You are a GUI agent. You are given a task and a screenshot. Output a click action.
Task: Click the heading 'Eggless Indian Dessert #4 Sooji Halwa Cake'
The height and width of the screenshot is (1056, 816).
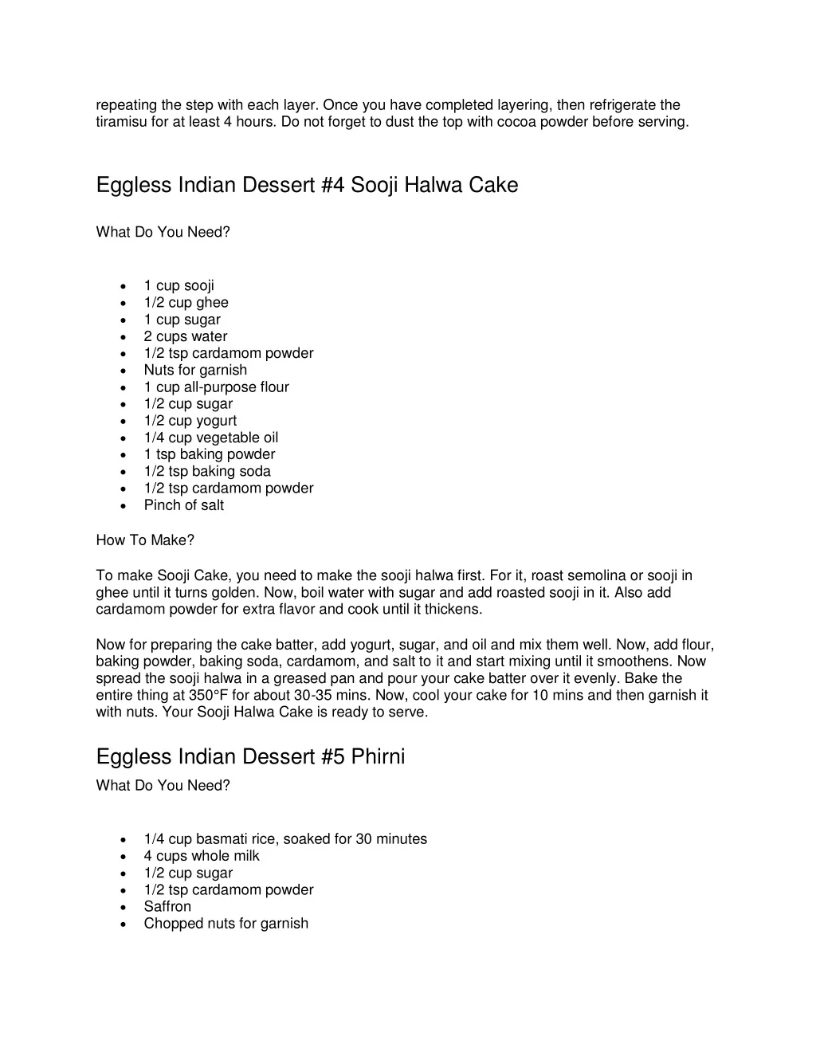[x=307, y=186]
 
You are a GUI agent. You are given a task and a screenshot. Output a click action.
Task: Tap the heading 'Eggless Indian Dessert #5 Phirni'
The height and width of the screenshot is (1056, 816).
[x=250, y=756]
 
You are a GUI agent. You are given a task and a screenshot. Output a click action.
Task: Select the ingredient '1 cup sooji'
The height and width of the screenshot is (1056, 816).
[x=178, y=285]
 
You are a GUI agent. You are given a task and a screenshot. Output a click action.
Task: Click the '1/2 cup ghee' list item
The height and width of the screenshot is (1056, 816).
[x=186, y=302]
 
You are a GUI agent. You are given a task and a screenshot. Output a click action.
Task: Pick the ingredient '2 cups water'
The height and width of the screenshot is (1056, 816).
[x=185, y=336]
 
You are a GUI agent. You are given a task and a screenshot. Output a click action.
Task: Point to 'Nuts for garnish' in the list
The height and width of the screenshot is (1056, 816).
[x=195, y=370]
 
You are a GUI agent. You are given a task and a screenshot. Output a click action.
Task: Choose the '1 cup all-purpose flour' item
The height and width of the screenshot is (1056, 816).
[x=216, y=387]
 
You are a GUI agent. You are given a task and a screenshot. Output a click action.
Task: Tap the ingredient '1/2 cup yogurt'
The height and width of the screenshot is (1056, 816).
[x=190, y=421]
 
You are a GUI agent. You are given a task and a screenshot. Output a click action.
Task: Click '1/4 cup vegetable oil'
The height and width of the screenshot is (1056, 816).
[x=210, y=438]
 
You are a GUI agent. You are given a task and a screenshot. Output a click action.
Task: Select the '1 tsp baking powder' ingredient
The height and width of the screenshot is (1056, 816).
[x=209, y=454]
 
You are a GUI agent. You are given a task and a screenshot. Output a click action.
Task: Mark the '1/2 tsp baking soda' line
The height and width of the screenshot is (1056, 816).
[x=207, y=471]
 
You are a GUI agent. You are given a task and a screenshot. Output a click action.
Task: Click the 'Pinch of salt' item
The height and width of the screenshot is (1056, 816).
[x=183, y=505]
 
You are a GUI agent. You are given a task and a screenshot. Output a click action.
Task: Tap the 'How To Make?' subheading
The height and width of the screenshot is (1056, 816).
[x=145, y=540]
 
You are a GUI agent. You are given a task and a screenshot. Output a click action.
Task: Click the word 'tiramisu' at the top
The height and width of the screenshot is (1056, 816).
[x=120, y=122]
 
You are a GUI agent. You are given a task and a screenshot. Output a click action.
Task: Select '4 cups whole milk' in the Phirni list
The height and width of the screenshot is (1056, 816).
[x=201, y=856]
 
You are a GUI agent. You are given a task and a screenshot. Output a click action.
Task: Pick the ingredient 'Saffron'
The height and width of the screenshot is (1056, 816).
[x=167, y=906]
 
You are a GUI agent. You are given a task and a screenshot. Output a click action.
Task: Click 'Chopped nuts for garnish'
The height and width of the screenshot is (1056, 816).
[x=226, y=924]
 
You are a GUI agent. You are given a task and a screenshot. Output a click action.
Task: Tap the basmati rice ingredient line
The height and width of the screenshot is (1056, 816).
[x=285, y=839]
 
